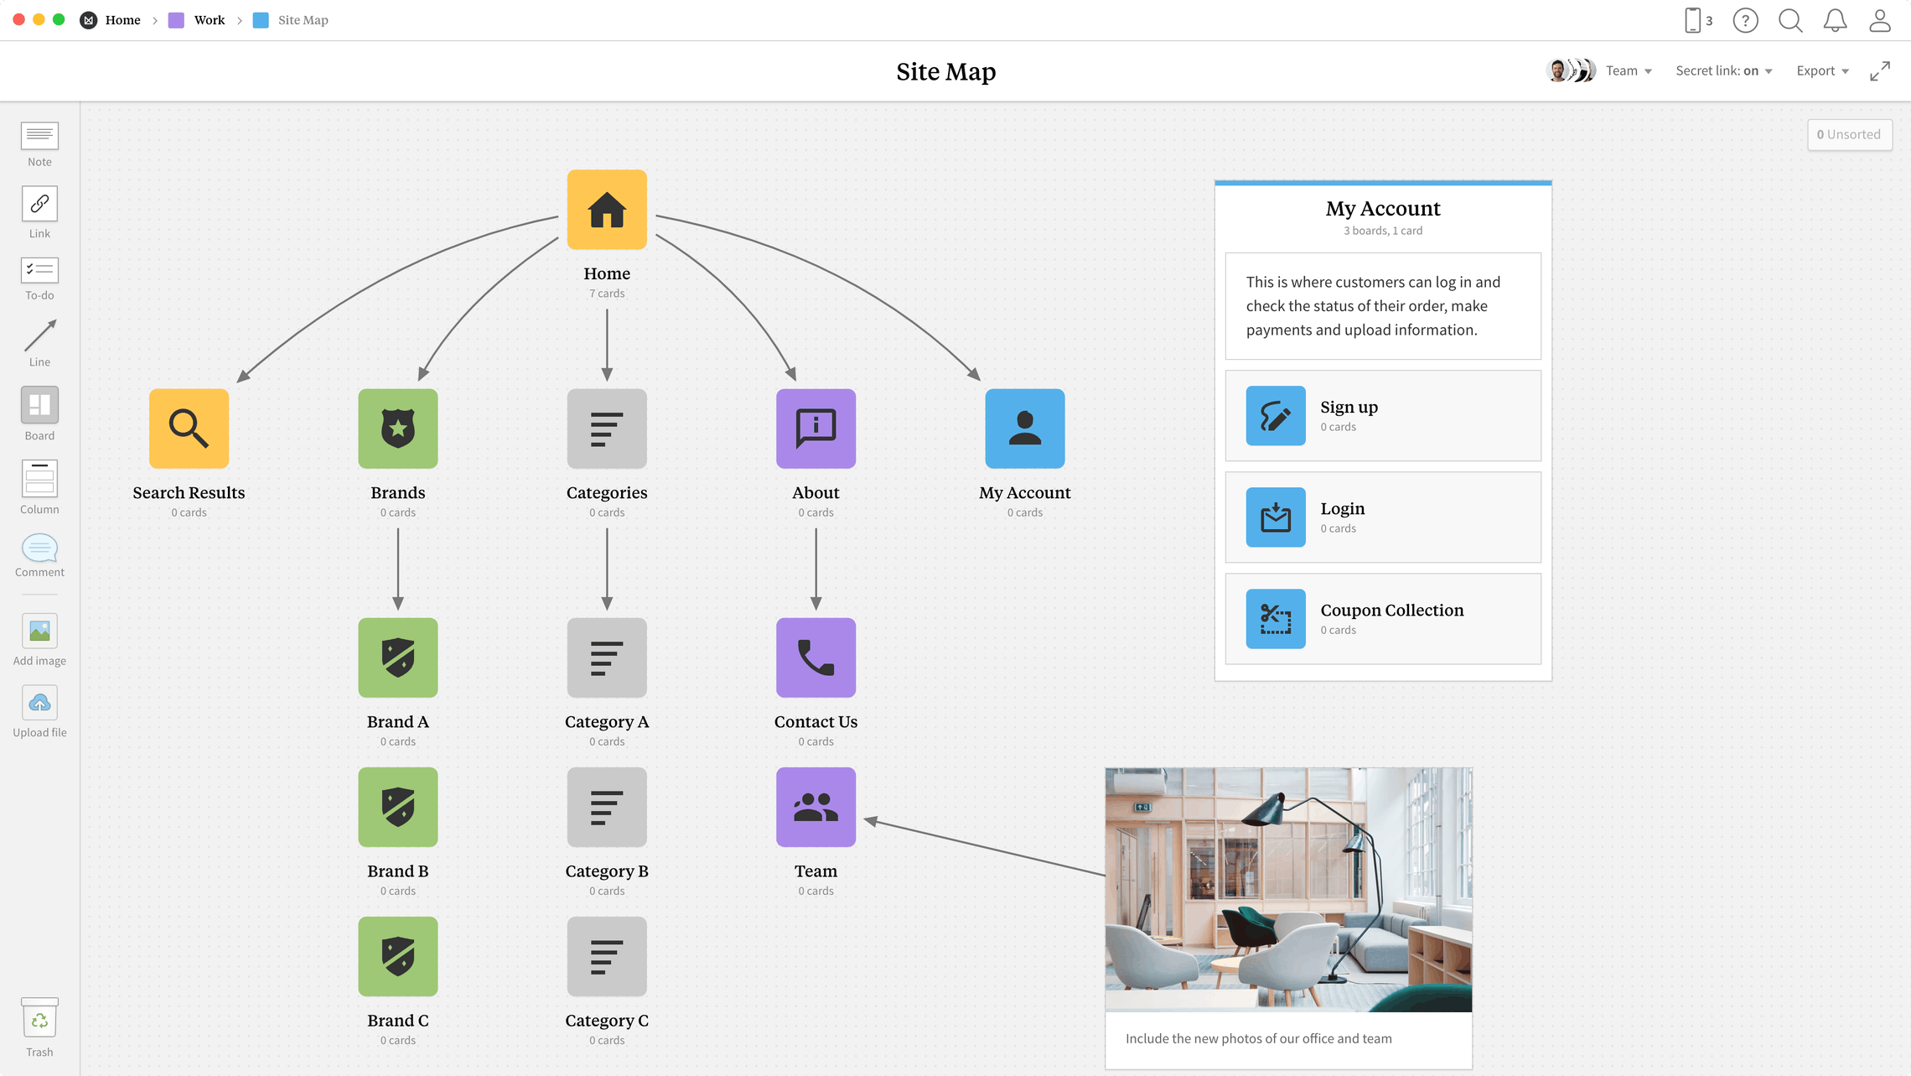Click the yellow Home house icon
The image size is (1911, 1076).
pos(607,210)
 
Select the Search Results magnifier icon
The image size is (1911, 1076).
pos(189,429)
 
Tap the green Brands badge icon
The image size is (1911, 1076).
pos(398,429)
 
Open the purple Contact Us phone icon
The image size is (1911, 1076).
pos(816,658)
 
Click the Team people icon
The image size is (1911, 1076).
pos(816,807)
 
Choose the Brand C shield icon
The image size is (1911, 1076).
pos(398,956)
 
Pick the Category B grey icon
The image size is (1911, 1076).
pos(607,807)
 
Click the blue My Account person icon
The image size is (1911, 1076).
pos(1024,429)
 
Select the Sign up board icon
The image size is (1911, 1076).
pos(1275,416)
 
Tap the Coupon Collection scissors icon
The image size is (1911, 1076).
pos(1275,619)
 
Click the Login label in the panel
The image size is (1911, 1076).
pos(1342,509)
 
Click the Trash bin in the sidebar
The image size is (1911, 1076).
pos(39,1020)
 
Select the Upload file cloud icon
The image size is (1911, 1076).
pos(39,703)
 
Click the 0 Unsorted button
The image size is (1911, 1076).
pos(1849,134)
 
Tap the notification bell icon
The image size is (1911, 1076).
pos(1835,20)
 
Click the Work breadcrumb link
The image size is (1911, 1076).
pos(209,20)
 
